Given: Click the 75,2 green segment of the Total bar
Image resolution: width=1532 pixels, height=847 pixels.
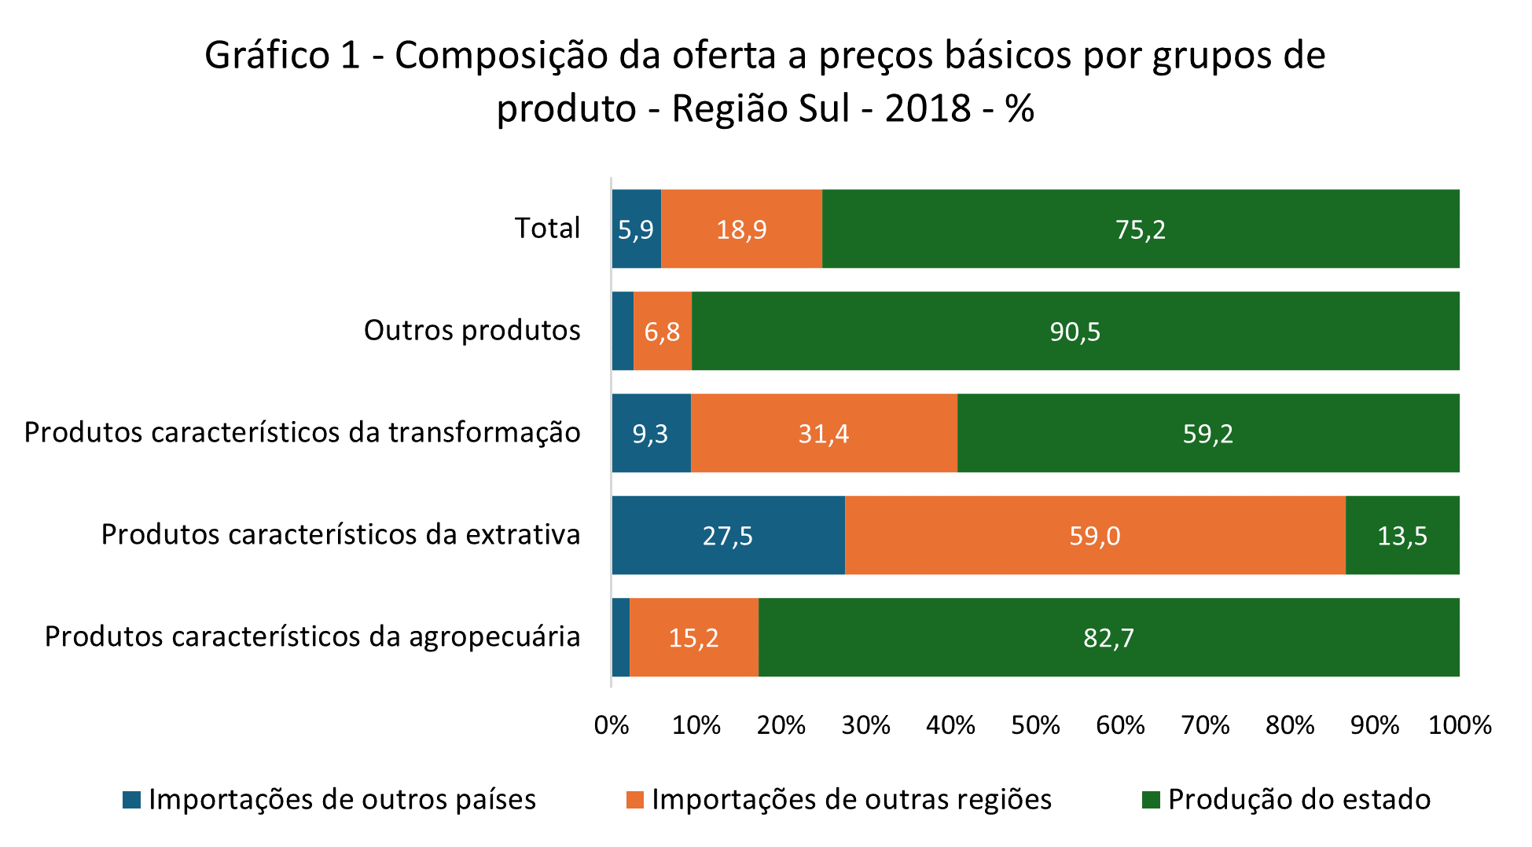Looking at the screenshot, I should [x=1140, y=229].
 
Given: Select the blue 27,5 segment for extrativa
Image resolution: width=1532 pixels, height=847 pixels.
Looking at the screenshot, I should [x=728, y=535].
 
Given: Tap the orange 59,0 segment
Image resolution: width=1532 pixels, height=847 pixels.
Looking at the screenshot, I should [x=1094, y=535].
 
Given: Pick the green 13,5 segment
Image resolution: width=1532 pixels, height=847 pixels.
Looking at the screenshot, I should [x=1402, y=535].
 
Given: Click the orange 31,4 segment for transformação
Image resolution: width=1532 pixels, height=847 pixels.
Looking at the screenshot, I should [x=824, y=433].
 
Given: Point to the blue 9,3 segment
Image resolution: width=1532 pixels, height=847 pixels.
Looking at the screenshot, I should [x=651, y=433].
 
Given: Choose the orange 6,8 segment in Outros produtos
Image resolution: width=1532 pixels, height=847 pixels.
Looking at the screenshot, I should [x=663, y=331].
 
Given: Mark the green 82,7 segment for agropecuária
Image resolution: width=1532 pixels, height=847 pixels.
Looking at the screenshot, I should [x=1108, y=637].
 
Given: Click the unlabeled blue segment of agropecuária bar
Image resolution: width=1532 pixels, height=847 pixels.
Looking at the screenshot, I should [x=621, y=637].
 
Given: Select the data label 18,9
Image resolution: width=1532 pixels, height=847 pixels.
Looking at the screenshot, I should [x=741, y=229].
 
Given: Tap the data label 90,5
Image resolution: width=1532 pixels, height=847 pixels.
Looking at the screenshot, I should [x=1075, y=332].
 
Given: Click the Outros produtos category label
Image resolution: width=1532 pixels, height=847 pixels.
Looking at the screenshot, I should [x=472, y=330].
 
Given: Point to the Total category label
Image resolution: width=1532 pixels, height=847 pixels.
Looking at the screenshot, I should [x=547, y=228].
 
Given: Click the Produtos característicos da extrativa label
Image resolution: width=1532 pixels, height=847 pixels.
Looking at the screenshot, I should [x=340, y=534].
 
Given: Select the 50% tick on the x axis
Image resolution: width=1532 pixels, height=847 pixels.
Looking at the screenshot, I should [x=1035, y=724].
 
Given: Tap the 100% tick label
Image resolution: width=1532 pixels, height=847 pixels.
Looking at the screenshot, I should [x=1459, y=724].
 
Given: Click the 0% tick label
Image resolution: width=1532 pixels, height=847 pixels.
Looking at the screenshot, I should [x=612, y=724].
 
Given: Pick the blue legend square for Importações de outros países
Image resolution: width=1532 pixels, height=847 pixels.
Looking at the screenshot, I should [x=132, y=800].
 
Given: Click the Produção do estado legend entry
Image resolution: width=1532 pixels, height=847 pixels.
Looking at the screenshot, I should [x=1299, y=799].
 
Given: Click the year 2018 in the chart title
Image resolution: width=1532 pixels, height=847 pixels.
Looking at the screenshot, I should [x=928, y=108].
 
